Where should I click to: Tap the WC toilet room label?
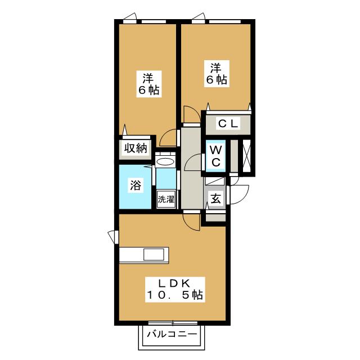tap(217, 155)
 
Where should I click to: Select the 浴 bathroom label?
tap(136, 184)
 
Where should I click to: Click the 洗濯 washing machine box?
tap(166, 199)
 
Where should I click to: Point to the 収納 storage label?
tap(136, 149)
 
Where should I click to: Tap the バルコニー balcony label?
tap(172, 334)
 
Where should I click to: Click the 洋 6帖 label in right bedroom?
tap(215, 74)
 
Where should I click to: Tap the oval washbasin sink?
tap(165, 162)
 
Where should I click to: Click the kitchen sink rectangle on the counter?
tap(153, 254)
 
